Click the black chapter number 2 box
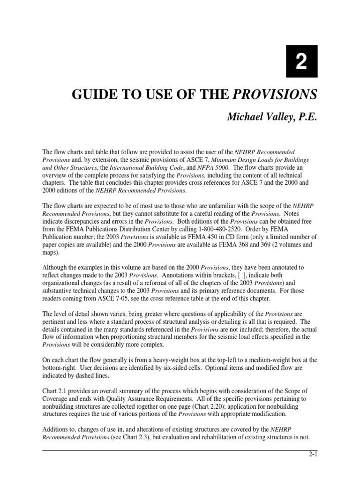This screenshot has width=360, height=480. pos(301,61)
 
